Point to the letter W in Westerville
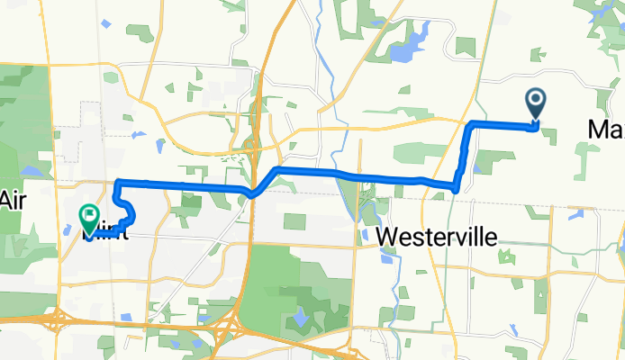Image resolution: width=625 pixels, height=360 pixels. click(x=387, y=236)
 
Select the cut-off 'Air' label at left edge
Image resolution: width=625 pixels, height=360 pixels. click(x=11, y=200)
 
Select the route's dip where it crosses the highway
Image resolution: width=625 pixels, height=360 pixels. click(x=255, y=193)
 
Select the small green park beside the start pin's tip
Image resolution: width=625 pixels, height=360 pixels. click(x=546, y=132)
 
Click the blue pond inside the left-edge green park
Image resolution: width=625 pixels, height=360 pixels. click(x=31, y=170)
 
